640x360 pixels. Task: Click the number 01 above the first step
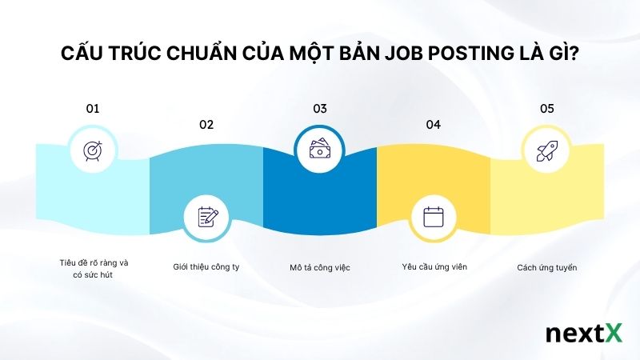pyautogui.click(x=92, y=107)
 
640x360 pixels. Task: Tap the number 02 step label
pyautogui.click(x=206, y=124)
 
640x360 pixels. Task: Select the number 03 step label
pyautogui.click(x=320, y=107)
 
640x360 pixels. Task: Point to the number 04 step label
pyautogui.click(x=434, y=124)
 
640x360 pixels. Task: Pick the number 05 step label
pyautogui.click(x=547, y=107)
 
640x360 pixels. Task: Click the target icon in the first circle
pyautogui.click(x=93, y=150)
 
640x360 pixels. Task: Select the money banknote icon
pyautogui.click(x=320, y=150)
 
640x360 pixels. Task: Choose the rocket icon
pyautogui.click(x=546, y=150)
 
